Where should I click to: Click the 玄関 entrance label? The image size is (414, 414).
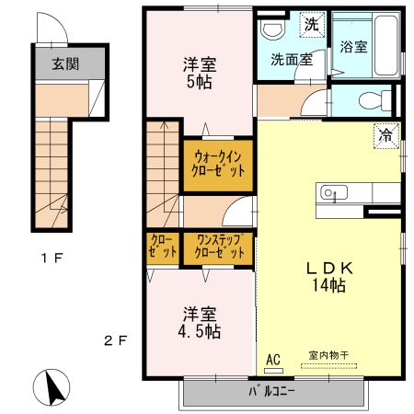click(x=63, y=63)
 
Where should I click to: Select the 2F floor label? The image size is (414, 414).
click(x=115, y=339)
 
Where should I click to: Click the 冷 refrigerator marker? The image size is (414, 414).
click(x=385, y=135)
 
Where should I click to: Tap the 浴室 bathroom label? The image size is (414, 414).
click(x=354, y=46)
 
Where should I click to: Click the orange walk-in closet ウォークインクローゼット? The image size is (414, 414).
click(x=219, y=165)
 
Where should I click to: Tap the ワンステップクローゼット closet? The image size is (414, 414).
click(x=219, y=247)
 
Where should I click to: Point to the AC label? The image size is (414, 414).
click(x=273, y=359)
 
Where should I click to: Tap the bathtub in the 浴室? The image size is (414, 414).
click(x=387, y=46)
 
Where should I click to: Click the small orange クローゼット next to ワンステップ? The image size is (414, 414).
click(x=164, y=247)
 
